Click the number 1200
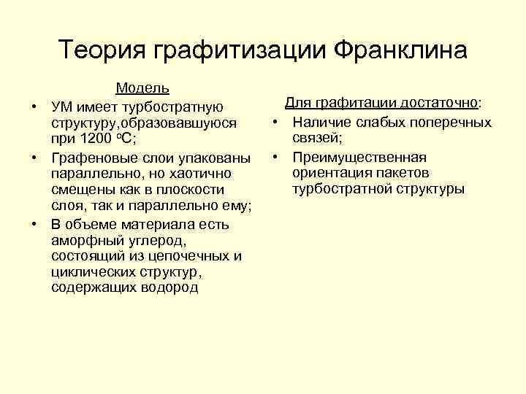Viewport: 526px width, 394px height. pos(99,140)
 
